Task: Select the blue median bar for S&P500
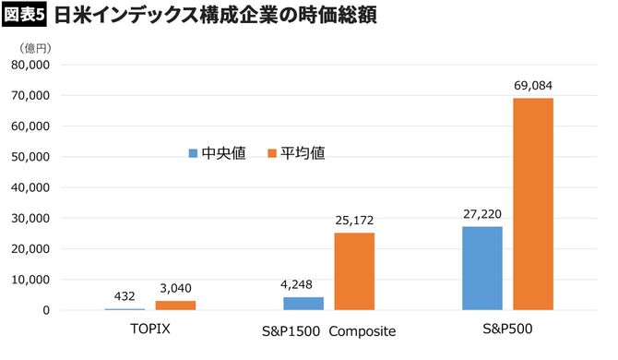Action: coord(482,268)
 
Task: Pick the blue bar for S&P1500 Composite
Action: coord(303,303)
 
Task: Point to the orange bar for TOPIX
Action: coord(175,305)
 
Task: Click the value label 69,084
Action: coord(533,86)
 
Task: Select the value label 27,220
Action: coord(482,214)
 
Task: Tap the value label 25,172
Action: coord(354,221)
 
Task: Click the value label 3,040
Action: coord(175,288)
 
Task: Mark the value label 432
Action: coord(125,296)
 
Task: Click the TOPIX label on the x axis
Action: coord(150,330)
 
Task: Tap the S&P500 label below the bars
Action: coord(508,330)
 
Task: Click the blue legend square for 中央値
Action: coord(194,152)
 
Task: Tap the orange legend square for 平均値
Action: coord(272,152)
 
